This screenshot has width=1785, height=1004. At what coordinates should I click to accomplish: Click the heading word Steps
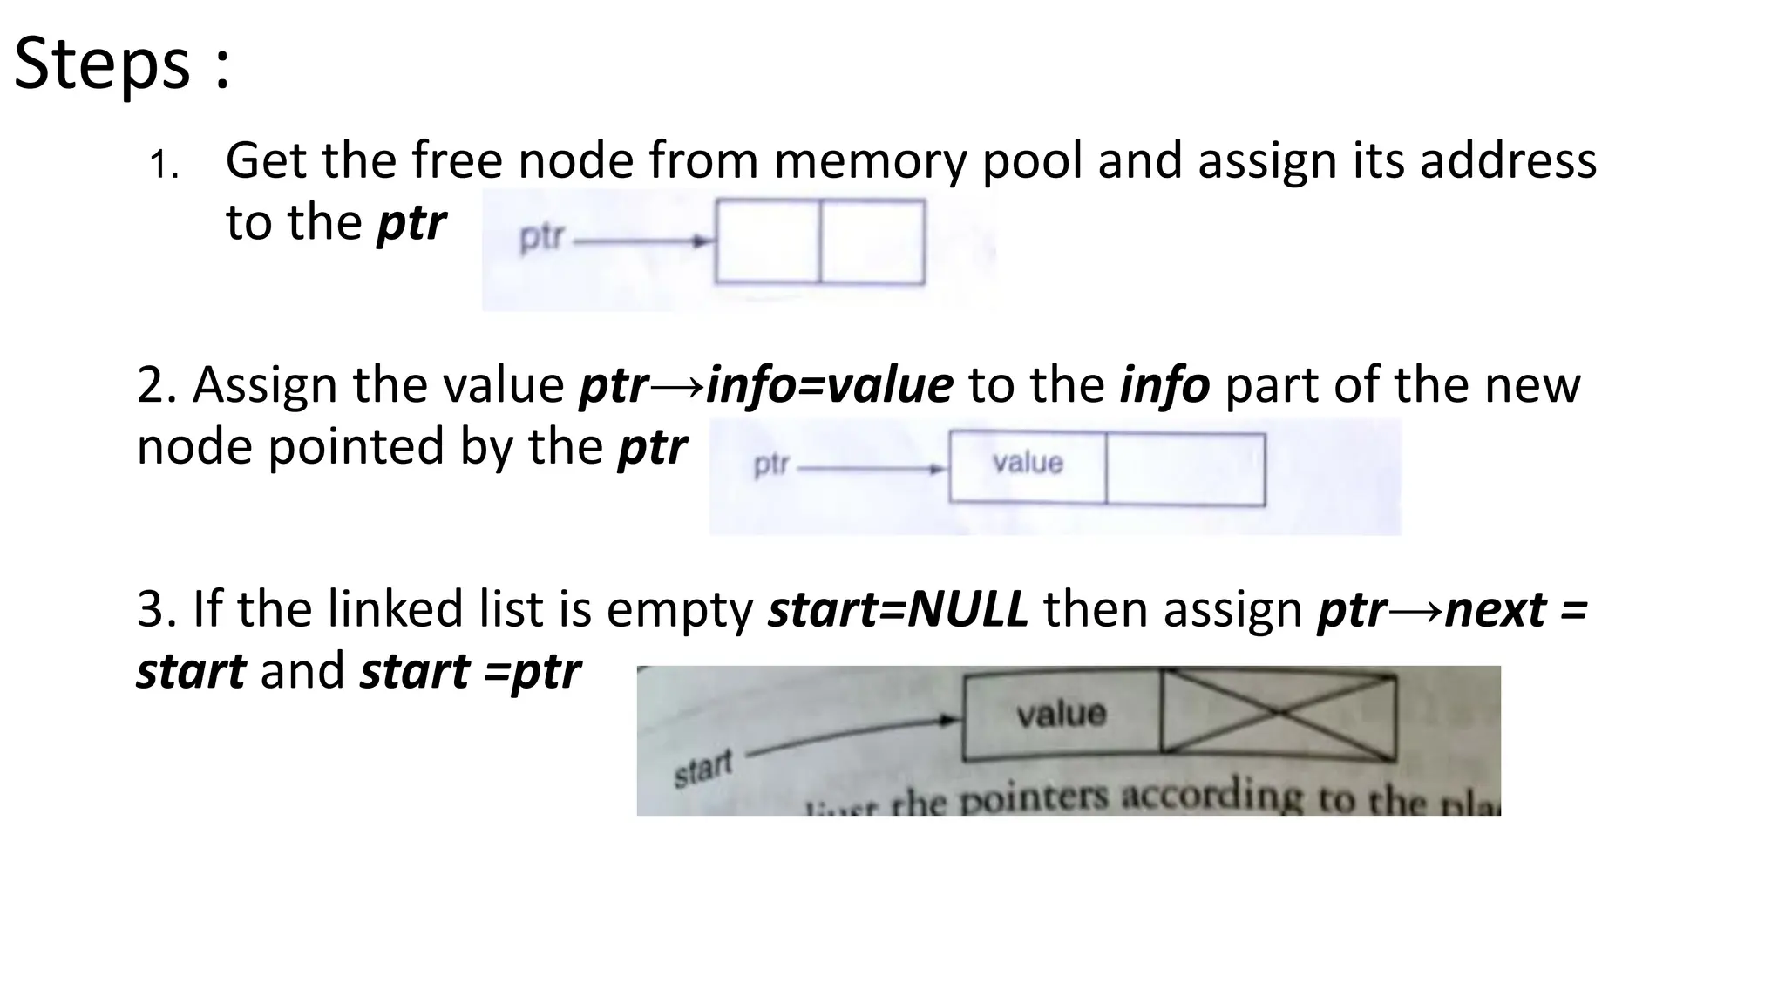[102, 63]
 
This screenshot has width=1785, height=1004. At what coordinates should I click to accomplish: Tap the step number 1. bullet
[163, 165]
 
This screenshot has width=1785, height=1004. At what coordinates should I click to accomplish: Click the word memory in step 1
[869, 161]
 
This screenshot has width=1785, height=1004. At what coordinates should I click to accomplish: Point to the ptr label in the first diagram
[541, 238]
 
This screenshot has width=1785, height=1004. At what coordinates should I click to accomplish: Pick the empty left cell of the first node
[767, 241]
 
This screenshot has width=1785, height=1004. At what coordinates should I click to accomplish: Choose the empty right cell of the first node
[872, 241]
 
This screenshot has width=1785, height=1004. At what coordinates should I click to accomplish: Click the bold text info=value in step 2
[829, 385]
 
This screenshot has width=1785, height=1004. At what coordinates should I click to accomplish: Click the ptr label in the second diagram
[770, 465]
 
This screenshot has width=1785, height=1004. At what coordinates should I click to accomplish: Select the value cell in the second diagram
[1028, 467]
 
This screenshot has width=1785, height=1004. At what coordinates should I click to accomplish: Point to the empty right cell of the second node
[1185, 469]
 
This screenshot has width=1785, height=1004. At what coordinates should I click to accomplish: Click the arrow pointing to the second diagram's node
[872, 469]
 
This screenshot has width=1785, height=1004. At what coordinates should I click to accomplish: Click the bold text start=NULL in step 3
[898, 609]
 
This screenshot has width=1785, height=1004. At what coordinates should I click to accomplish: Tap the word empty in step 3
[680, 609]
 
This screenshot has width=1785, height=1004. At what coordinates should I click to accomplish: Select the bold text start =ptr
[471, 671]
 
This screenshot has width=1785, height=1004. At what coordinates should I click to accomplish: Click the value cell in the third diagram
[1061, 715]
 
